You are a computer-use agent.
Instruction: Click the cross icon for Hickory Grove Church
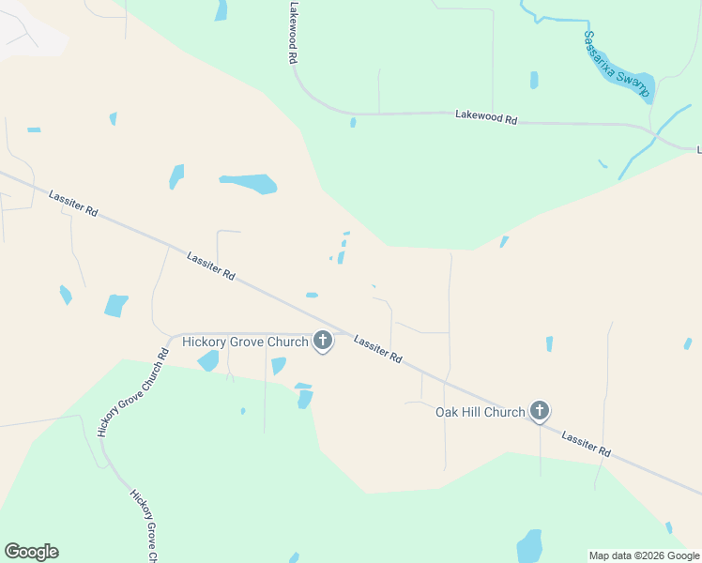323,341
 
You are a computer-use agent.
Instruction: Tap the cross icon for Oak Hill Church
540,411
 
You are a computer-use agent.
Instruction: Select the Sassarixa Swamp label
616,62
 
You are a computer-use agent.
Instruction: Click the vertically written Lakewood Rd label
294,32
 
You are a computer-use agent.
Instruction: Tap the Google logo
31,552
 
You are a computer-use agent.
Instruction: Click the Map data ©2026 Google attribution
644,555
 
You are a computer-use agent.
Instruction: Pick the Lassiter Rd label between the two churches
378,350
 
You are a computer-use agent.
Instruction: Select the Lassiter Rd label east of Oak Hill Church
587,444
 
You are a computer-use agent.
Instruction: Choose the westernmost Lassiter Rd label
73,205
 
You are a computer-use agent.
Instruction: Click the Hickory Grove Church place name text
245,342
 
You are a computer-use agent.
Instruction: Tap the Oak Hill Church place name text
480,412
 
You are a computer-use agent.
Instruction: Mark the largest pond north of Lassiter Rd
249,183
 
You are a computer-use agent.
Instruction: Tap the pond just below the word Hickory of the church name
208,361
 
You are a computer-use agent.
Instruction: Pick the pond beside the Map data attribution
530,546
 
